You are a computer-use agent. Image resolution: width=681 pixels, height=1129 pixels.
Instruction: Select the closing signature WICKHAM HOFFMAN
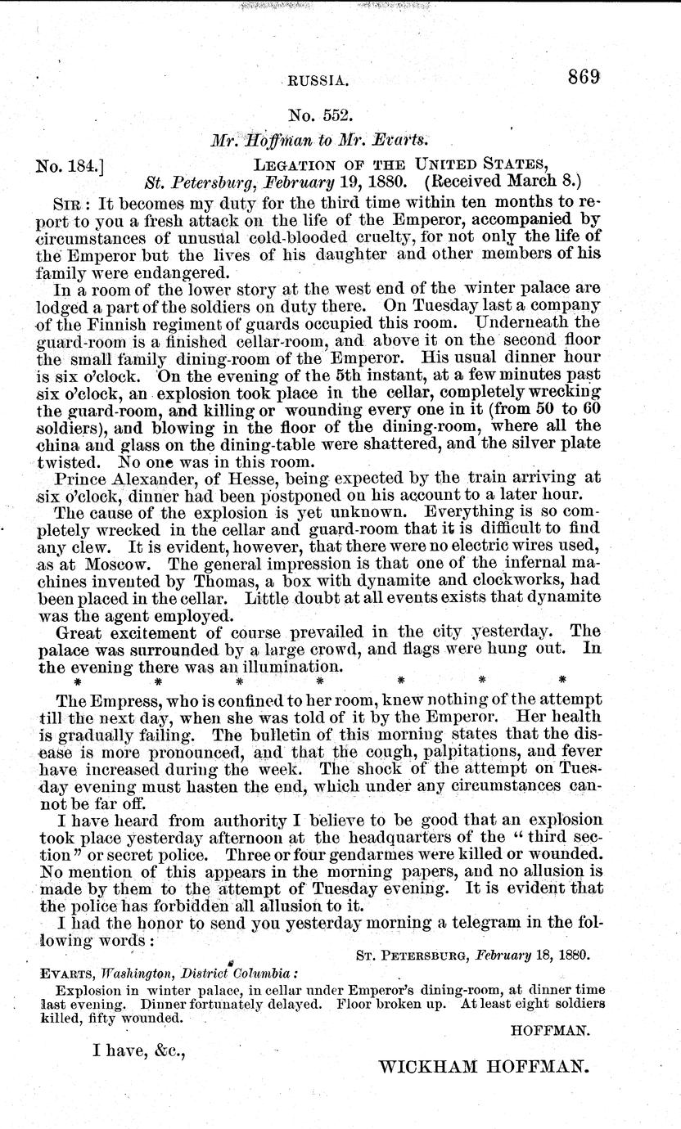pyautogui.click(x=485, y=1066)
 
